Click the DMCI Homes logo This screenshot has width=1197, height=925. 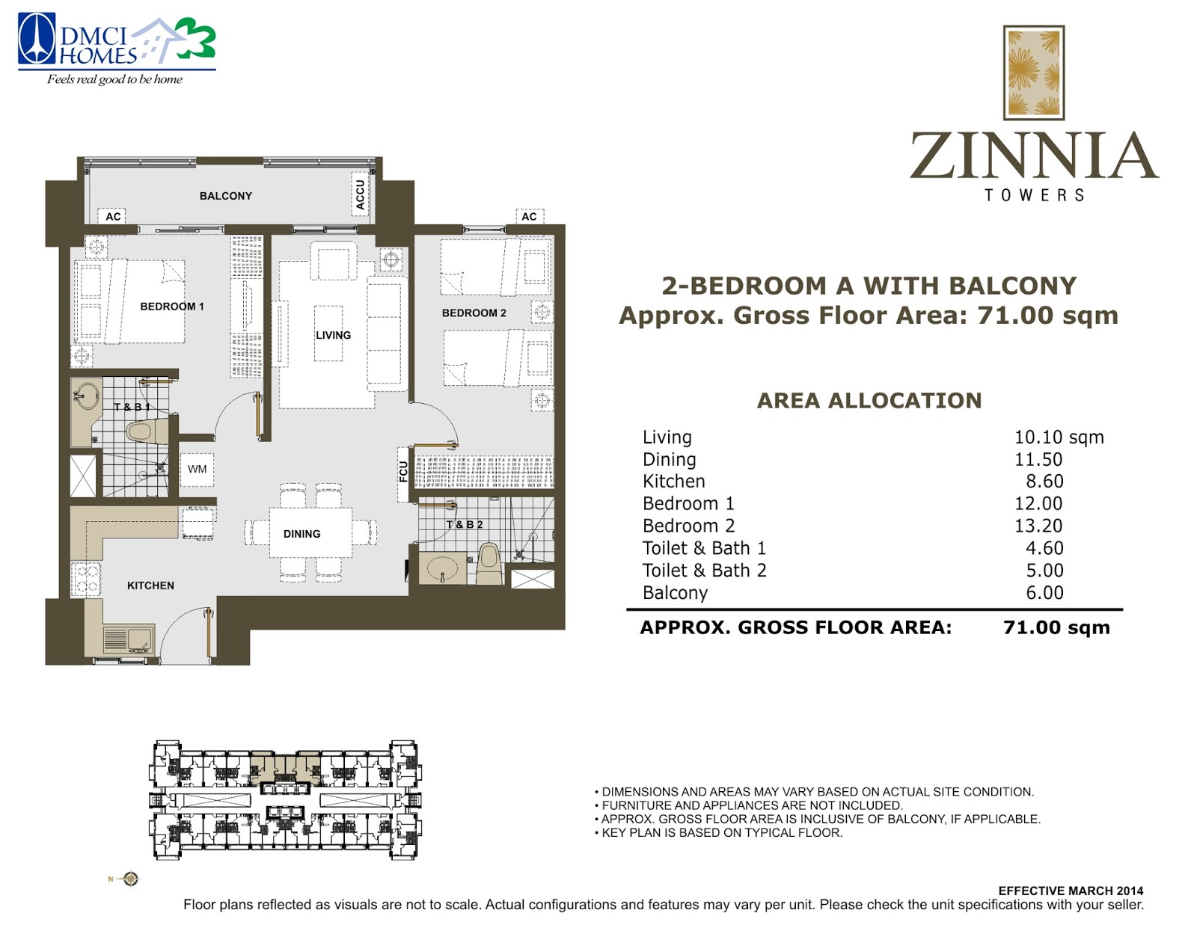[x=117, y=49]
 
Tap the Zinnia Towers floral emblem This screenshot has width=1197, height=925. [x=1033, y=72]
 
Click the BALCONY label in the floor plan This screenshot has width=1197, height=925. [x=226, y=196]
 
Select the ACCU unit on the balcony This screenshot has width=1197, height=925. [x=361, y=194]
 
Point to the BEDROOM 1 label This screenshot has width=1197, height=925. [x=172, y=307]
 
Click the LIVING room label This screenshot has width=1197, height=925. [x=333, y=335]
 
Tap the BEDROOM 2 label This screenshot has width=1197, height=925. [x=474, y=313]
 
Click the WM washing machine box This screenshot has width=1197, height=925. [x=198, y=469]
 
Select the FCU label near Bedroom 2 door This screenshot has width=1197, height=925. [x=403, y=473]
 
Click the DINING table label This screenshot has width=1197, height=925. [x=301, y=534]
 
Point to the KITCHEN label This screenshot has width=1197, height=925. [x=150, y=586]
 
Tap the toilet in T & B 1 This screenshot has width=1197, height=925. [x=147, y=431]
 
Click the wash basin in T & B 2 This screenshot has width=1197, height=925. [x=442, y=568]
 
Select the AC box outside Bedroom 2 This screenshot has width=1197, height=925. [x=530, y=216]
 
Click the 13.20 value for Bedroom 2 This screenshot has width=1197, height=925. [x=1038, y=526]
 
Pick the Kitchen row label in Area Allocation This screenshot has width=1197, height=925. [x=674, y=482]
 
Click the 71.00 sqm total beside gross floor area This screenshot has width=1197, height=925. [x=1056, y=627]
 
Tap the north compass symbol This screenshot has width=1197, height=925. [x=130, y=879]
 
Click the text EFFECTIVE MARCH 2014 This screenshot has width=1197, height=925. [x=1071, y=891]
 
